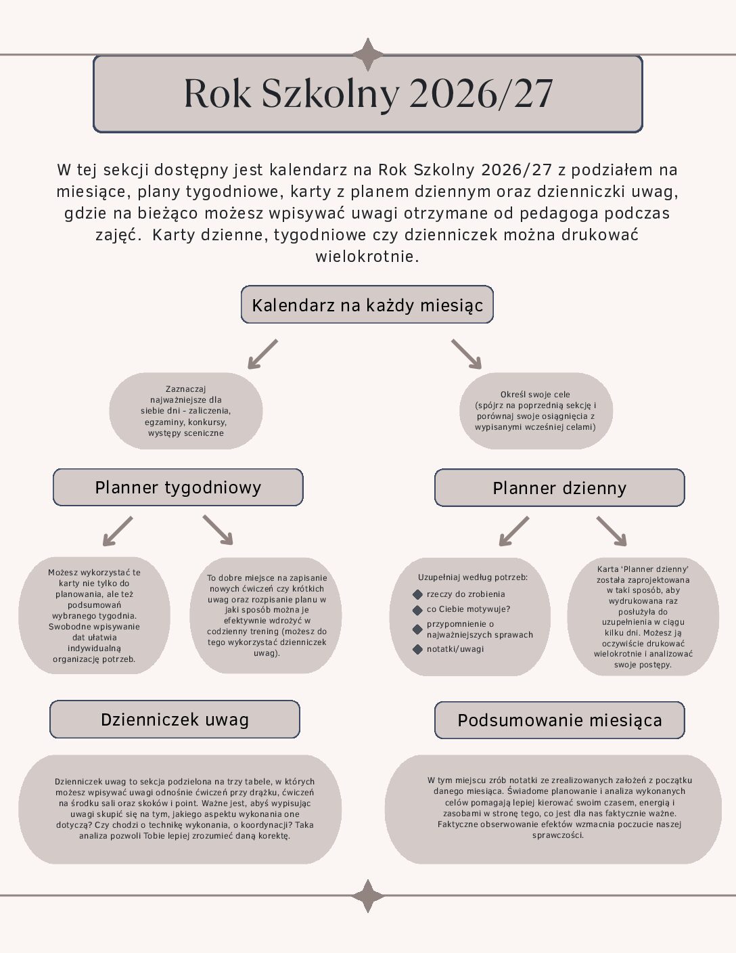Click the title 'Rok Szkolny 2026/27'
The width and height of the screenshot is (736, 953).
coord(368,93)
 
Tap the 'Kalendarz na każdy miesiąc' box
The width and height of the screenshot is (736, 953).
coord(367,305)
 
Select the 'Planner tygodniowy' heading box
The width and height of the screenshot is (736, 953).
coord(178,487)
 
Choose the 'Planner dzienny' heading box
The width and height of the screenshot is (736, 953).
coord(559,488)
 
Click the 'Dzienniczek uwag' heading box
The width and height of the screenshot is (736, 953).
coord(175,719)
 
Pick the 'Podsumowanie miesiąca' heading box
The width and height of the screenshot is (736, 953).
coord(559,720)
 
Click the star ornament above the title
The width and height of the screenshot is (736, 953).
coord(368,55)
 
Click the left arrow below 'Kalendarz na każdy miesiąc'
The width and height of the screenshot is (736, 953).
coord(262,354)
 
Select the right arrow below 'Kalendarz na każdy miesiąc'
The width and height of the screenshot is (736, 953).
coord(467,354)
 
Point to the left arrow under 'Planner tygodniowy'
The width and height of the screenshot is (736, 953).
coord(118,531)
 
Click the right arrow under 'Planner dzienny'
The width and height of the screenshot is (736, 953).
coord(612,531)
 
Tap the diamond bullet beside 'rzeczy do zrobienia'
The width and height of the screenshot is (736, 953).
coord(417,594)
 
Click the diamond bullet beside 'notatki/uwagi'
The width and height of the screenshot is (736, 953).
coord(417,649)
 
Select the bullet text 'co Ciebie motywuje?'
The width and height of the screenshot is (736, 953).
coord(468,609)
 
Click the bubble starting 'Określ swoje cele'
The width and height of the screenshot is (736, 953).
coord(536,411)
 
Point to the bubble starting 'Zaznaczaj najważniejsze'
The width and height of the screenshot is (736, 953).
coord(186,411)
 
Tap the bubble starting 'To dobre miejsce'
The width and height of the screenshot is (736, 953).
coord(266,615)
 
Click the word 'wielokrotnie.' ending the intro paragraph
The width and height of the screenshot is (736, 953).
coord(367,257)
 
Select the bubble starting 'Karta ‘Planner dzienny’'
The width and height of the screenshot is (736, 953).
coord(643,617)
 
